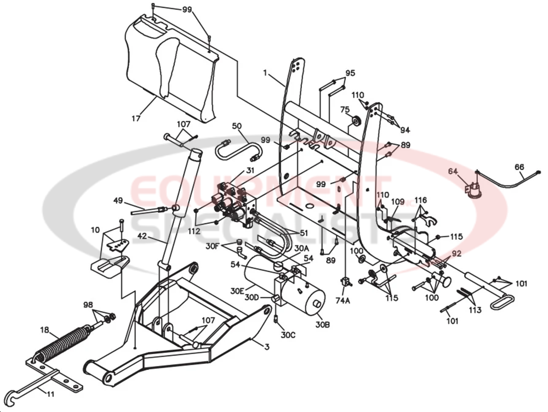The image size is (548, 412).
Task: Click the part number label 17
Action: pos(136,118)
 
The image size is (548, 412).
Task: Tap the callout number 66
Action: pos(519,167)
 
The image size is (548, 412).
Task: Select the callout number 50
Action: pos(236,126)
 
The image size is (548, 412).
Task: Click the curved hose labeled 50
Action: pos(237,150)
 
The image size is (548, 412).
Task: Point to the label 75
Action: pos(345,109)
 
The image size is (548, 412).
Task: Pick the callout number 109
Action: pos(397,202)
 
